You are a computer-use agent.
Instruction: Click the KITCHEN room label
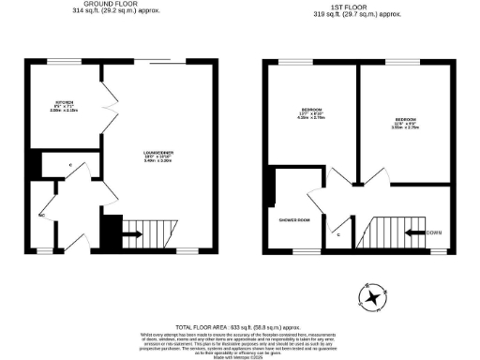pos(63,100)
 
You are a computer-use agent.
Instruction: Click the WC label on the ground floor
pos(41,215)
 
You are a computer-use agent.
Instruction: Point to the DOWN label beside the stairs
pos(434,232)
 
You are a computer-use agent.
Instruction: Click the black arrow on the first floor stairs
pos(412,232)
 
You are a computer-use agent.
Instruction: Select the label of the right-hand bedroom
pos(406,122)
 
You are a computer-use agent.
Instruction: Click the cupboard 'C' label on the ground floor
pos(71,166)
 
